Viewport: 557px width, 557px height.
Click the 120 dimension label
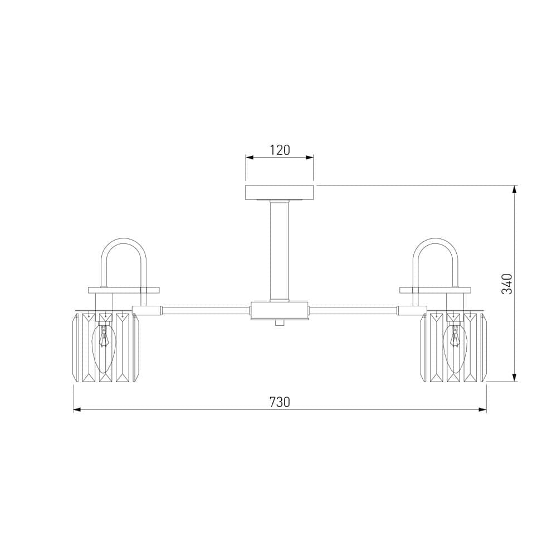(x=280, y=150)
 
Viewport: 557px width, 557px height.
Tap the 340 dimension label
(x=507, y=284)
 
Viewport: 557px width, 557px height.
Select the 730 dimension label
(x=280, y=402)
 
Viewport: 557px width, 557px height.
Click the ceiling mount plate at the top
(x=280, y=192)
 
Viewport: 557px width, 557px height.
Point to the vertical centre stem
(x=280, y=251)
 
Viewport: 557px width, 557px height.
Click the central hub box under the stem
(x=279, y=311)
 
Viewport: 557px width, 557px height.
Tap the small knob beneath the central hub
(x=280, y=323)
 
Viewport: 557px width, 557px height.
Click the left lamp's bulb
(x=104, y=348)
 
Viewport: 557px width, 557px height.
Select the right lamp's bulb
(x=455, y=348)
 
